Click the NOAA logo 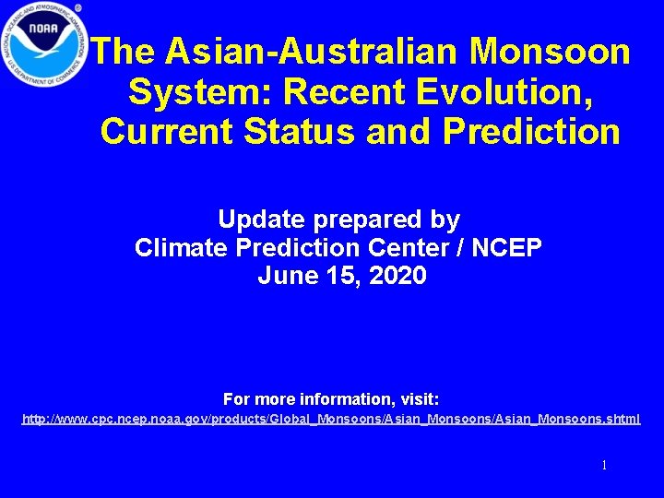(x=43, y=43)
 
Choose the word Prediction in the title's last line (x=531, y=132)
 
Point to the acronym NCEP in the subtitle (x=510, y=247)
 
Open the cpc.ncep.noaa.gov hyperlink (x=331, y=420)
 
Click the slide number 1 (x=604, y=466)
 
